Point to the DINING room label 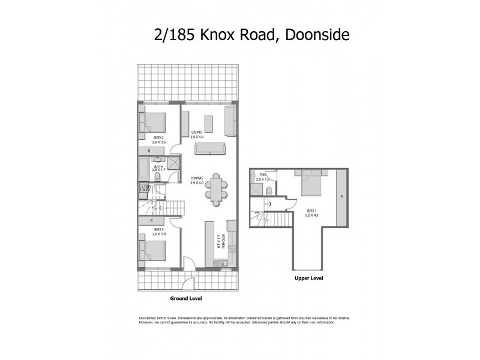[197, 178]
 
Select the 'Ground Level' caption [186, 298]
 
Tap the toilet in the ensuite [269, 191]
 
